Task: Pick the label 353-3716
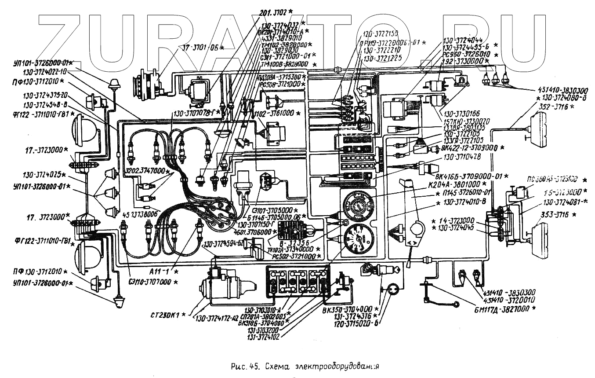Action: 555,214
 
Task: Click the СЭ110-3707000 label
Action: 151,282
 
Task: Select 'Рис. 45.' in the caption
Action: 242,366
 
